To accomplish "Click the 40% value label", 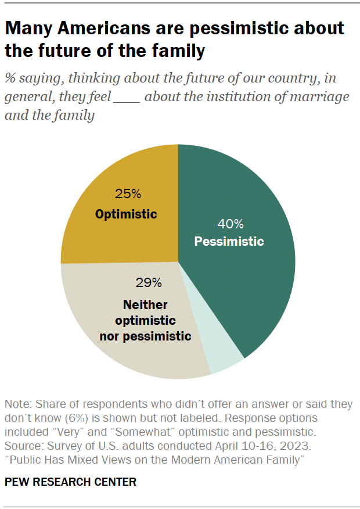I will coord(230,224).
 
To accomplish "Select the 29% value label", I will coord(149,283).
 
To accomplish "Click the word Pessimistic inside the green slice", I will coord(229,242).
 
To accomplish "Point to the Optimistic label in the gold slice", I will coord(126,214).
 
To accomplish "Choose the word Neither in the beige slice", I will coord(145,305).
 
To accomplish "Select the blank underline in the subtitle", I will coord(127,96).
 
